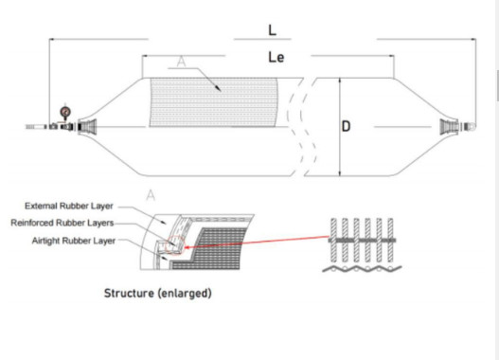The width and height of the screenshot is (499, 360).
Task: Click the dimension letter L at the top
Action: pyautogui.click(x=273, y=29)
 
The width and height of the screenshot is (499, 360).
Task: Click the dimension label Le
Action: pyautogui.click(x=276, y=57)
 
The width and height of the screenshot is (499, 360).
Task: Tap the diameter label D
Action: pyautogui.click(x=347, y=127)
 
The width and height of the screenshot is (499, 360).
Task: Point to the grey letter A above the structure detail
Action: pyautogui.click(x=150, y=194)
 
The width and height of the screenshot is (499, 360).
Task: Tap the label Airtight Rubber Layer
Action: pyautogui.click(x=71, y=241)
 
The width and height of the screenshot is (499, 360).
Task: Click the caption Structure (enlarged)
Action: pyautogui.click(x=157, y=293)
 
